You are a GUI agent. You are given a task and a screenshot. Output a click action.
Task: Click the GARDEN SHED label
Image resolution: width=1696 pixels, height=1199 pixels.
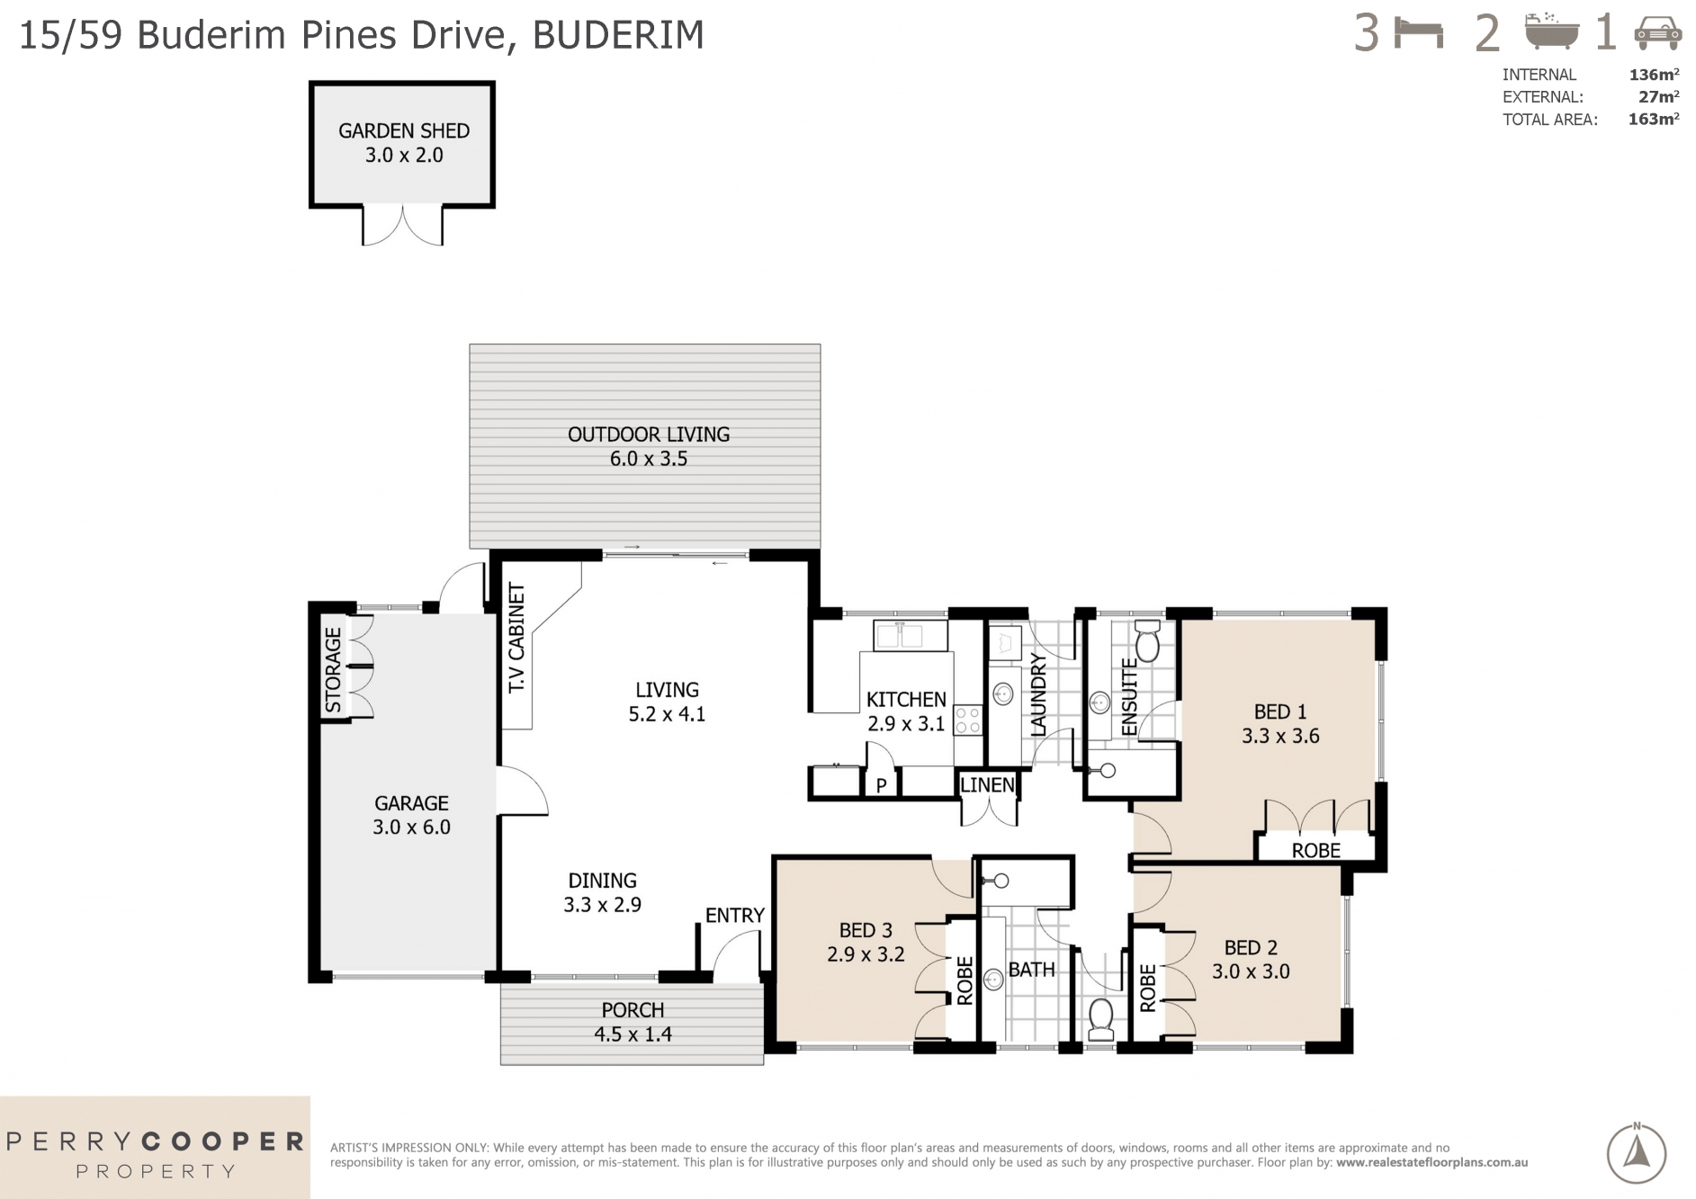click(404, 130)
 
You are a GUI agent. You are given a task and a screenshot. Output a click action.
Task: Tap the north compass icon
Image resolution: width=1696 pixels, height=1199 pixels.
click(1636, 1153)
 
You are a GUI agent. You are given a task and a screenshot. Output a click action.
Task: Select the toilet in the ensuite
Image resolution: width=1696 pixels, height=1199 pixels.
click(1147, 642)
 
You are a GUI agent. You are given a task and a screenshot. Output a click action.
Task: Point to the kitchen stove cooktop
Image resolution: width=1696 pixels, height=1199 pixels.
click(968, 720)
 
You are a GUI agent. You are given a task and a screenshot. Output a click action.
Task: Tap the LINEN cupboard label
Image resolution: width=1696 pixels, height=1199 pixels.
click(987, 785)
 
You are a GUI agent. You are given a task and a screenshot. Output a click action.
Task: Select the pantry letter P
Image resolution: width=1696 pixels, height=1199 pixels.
click(882, 785)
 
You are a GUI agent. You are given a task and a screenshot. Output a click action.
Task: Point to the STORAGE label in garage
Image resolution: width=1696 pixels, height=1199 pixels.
click(333, 670)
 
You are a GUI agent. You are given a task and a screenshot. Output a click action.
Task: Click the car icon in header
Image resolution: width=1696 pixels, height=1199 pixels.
click(1657, 34)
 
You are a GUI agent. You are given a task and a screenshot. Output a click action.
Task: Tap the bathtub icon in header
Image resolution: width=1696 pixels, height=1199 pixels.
click(1551, 32)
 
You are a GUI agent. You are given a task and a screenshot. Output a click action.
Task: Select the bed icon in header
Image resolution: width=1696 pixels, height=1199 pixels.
click(1419, 34)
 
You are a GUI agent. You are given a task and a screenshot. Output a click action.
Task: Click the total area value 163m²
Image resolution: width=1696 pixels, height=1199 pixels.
click(1653, 119)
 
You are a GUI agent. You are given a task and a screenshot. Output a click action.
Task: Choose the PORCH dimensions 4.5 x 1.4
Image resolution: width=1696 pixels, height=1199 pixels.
click(633, 1034)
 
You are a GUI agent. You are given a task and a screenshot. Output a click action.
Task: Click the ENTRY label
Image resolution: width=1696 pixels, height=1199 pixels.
click(734, 916)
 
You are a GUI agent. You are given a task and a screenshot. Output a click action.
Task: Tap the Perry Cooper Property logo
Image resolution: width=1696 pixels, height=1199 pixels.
click(155, 1154)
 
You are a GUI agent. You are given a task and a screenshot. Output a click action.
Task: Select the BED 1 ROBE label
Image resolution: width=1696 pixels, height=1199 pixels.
click(1315, 850)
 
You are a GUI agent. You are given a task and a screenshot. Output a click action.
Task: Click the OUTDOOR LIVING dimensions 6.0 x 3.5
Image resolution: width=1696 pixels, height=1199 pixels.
click(648, 459)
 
